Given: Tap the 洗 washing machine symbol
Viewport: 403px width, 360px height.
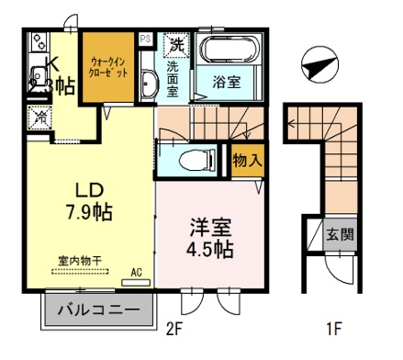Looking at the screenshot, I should point(176,44).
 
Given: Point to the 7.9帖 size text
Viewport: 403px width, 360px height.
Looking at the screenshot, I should point(89,213).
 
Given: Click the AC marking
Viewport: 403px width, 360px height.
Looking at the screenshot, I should point(137,272).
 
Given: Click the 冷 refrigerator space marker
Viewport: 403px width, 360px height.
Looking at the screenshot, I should point(39,117).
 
